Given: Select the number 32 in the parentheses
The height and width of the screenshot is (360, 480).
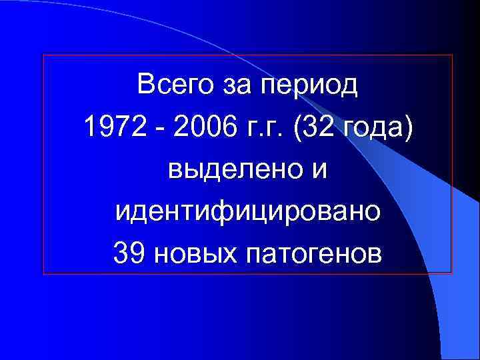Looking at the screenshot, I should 312,127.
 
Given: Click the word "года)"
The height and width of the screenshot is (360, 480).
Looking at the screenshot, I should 373,129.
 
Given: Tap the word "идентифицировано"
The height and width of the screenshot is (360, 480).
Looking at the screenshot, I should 248,213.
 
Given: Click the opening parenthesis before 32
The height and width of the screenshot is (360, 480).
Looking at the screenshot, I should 291,128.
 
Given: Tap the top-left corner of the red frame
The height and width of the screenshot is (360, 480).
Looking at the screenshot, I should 43,55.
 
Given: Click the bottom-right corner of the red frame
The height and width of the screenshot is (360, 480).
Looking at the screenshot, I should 452,273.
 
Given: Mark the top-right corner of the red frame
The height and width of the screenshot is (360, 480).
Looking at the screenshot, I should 452,55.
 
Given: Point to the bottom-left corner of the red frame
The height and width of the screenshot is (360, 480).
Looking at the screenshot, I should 43,273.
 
